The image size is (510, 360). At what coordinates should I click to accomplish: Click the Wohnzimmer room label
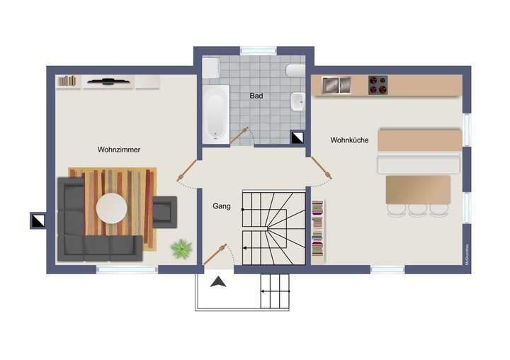[x=119, y=150]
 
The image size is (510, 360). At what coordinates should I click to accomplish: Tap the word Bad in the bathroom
[x=256, y=95]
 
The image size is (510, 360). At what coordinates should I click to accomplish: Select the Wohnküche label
[x=349, y=140]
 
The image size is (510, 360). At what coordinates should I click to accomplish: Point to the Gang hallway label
[x=221, y=206]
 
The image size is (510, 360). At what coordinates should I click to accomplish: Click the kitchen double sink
[x=337, y=85]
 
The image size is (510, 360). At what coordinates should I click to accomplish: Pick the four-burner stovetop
[x=378, y=85]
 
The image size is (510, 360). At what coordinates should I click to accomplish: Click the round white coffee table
[x=112, y=208]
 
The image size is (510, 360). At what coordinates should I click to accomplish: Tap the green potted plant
[x=182, y=249]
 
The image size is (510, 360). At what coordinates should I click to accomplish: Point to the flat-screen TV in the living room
[x=108, y=81]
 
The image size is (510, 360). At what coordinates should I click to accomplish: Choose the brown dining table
[x=418, y=189]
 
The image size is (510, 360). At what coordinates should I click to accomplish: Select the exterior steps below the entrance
[x=276, y=291]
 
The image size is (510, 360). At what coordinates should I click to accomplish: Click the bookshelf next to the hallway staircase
[x=318, y=227]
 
